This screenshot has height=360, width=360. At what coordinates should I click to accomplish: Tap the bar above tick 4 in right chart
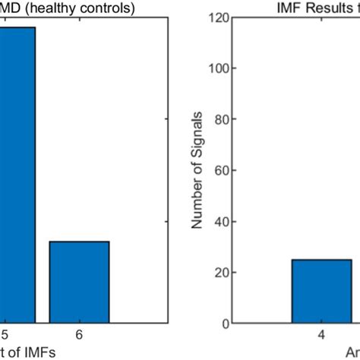coord(321,292)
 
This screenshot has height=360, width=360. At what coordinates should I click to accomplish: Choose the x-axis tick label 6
coord(79,336)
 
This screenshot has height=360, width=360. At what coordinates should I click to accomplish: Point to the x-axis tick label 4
coord(321,336)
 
